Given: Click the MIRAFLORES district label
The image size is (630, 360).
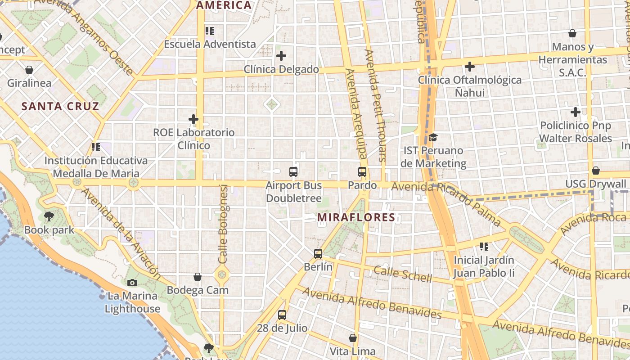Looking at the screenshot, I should pyautogui.click(x=356, y=217).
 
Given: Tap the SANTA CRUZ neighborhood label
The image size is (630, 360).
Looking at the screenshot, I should pyautogui.click(x=60, y=107).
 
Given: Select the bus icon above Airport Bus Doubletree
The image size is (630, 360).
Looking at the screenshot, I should pyautogui.click(x=293, y=171).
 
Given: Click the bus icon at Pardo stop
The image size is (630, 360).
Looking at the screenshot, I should pyautogui.click(x=362, y=171).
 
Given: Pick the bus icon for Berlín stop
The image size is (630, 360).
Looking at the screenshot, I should pyautogui.click(x=318, y=253).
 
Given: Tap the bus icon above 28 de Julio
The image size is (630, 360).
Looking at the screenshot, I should pyautogui.click(x=282, y=315).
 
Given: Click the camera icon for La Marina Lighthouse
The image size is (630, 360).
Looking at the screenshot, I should pyautogui.click(x=132, y=283).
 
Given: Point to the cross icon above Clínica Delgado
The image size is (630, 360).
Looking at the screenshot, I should pyautogui.click(x=281, y=56).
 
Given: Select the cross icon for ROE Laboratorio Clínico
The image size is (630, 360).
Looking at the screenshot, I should pyautogui.click(x=193, y=119).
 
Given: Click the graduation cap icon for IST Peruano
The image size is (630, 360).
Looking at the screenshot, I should pyautogui.click(x=433, y=137).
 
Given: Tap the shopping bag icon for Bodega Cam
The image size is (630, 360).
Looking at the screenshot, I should pyautogui.click(x=198, y=277).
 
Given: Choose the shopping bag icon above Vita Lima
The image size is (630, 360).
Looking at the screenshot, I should pyautogui.click(x=353, y=337).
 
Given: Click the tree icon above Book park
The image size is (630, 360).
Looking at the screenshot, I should pyautogui.click(x=49, y=216).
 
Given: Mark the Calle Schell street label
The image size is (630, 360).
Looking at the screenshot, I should pyautogui.click(x=403, y=273).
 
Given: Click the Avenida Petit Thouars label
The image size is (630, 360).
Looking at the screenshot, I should pyautogui.click(x=376, y=106).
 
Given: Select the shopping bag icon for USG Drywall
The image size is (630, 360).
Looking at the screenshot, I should pyautogui.click(x=595, y=171).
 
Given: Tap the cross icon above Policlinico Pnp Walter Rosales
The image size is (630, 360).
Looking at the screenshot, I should pyautogui.click(x=575, y=112).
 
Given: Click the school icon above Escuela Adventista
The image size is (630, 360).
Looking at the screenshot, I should pyautogui.click(x=210, y=31).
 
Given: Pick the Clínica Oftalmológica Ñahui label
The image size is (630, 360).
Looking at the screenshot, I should pyautogui.click(x=470, y=86).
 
